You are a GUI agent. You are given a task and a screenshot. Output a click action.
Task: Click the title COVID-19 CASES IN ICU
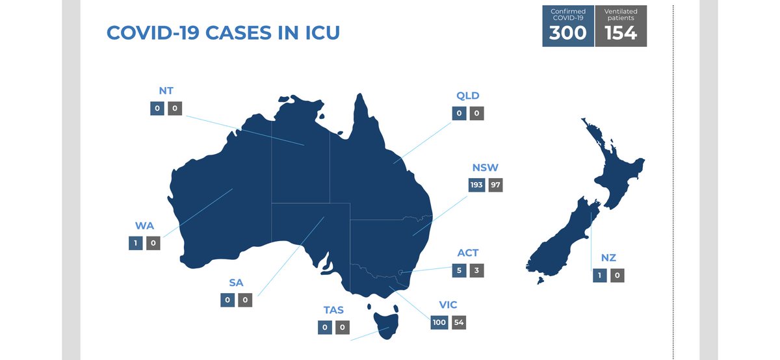tap(223, 33)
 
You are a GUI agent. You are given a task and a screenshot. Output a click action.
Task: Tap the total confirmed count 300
tap(568, 32)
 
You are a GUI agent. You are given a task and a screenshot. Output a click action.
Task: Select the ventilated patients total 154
tap(621, 32)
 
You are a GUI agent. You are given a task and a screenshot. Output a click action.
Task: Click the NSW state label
tap(486, 168)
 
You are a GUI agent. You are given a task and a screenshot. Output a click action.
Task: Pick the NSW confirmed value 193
tap(477, 185)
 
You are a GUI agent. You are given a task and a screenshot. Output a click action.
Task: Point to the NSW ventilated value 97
tap(496, 185)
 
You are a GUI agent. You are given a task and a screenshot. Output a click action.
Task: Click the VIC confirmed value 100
tap(439, 322)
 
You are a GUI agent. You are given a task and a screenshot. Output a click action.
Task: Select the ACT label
tap(467, 253)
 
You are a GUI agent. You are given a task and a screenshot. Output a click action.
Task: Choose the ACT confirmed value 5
tap(460, 270)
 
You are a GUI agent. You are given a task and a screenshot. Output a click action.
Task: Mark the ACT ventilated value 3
tap(478, 270)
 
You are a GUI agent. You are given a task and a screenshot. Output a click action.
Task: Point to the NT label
tap(166, 91)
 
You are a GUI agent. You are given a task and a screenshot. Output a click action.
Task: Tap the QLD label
tap(468, 96)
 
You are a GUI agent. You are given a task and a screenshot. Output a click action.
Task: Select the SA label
tap(236, 284)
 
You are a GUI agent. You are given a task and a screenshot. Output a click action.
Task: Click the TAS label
tap(333, 311)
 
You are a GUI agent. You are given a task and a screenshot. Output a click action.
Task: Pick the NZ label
tap(608, 258)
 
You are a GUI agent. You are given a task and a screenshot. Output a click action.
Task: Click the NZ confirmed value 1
tap(599, 276)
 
